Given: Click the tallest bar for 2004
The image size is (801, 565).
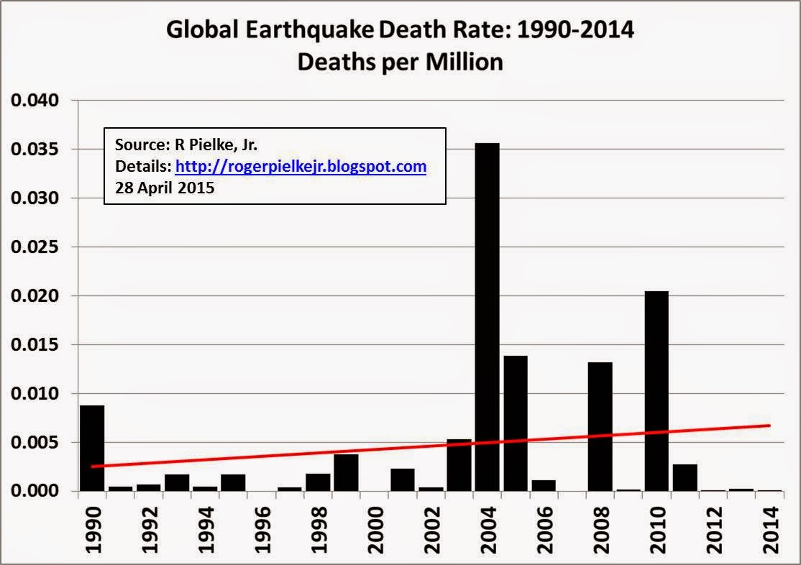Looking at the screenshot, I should [487, 316].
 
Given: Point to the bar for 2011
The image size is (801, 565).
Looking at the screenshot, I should [685, 478].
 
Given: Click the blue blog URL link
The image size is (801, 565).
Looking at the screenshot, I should [301, 167].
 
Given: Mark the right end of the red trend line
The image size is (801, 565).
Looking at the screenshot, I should [770, 426].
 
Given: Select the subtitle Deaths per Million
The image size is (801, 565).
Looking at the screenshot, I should [400, 62].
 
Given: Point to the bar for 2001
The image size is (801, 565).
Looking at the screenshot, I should [403, 480].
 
